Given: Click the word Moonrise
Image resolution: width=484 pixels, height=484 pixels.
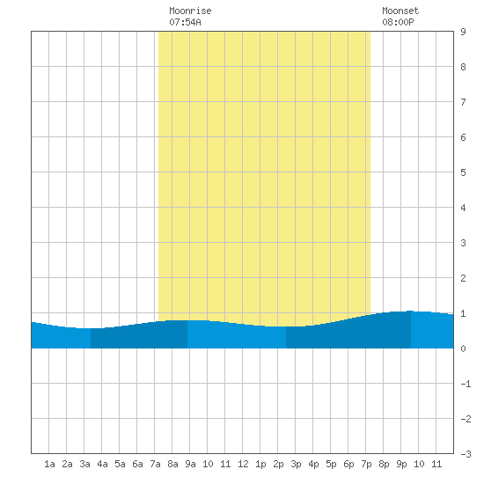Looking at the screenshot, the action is point(190,11).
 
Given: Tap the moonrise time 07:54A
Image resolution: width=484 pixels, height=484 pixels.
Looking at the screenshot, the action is point(185,22).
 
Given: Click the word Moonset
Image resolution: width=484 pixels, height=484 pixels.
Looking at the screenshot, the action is point(400,11).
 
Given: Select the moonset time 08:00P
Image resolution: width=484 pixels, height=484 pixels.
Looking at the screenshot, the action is point(398,22).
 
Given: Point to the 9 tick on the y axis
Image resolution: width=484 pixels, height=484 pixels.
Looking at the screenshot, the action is point(463,32).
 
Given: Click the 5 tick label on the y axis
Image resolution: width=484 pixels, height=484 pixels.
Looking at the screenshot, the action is point(463,172).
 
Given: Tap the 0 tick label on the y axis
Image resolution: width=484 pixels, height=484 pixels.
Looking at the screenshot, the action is point(463,348).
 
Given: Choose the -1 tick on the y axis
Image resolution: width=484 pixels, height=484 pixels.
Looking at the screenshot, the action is point(466,384).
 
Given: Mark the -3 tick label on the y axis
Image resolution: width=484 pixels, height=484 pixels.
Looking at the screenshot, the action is point(466,454).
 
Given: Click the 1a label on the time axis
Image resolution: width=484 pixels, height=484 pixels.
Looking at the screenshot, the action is point(49,464).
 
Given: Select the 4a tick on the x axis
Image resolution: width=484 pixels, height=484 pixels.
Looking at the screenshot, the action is point(102,464).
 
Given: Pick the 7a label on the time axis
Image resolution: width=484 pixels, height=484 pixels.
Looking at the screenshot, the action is point(155,464).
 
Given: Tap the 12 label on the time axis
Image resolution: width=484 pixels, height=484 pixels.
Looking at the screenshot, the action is point(243,464).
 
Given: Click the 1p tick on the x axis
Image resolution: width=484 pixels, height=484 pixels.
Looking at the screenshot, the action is point(260,464).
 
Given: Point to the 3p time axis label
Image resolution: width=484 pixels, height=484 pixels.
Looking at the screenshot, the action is point(296,464).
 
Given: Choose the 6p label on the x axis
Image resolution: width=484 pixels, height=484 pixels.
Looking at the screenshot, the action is point(348,464).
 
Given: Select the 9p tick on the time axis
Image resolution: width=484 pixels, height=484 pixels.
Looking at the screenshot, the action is point(401,464).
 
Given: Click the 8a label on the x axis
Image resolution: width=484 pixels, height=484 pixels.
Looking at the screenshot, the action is point(172,464).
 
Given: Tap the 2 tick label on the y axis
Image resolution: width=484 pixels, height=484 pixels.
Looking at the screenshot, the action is point(463,278).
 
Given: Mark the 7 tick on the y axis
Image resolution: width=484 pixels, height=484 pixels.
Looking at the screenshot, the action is point(463,102).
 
